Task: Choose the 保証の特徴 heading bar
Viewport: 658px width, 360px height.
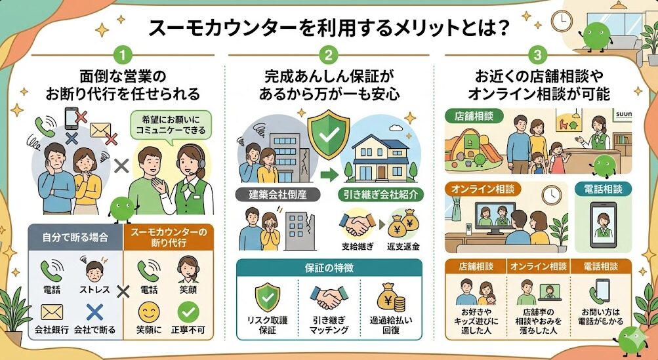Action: click(329, 269)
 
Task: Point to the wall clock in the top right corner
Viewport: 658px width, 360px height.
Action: click(561, 22)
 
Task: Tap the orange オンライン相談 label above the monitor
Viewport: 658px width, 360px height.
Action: click(480, 189)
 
